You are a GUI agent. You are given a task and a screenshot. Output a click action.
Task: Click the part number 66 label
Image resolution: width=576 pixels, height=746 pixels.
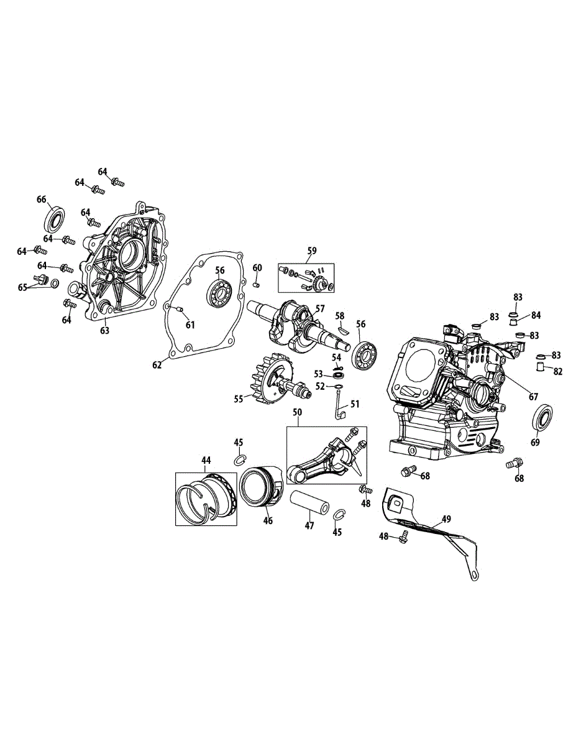[x=42, y=200]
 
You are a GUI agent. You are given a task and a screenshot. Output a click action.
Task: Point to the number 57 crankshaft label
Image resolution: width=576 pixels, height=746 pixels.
[x=320, y=308]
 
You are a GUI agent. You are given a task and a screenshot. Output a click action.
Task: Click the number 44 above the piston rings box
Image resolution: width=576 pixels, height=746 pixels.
[x=206, y=460]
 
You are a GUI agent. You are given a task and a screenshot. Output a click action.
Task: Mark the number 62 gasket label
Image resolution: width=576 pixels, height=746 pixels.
[x=157, y=365]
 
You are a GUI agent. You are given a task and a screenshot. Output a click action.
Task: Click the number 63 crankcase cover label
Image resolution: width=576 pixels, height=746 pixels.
[x=104, y=330]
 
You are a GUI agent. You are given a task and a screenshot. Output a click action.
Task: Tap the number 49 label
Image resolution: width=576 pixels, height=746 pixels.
[x=446, y=518]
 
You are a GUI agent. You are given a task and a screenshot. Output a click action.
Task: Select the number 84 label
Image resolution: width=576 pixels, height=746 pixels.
[x=535, y=316]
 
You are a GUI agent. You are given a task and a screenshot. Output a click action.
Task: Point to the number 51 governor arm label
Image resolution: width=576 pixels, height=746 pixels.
[x=355, y=404]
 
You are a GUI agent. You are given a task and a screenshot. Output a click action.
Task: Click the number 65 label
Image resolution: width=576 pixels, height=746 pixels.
[x=23, y=287]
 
